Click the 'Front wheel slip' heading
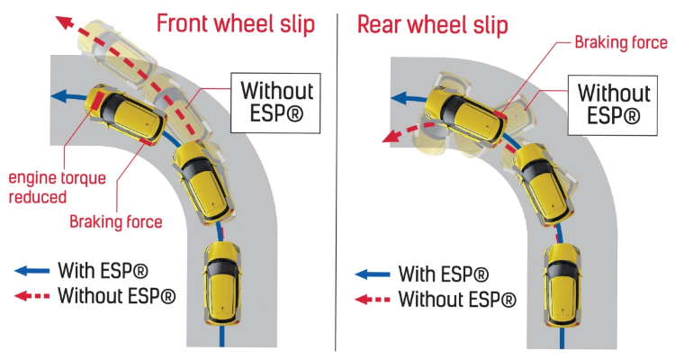coord(236,24)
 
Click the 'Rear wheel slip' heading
coord(432,24)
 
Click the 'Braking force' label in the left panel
coord(116,221)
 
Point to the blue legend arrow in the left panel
coord(31,269)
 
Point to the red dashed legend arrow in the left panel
coord(31,294)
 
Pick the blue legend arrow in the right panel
coord(373,274)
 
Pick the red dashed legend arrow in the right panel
coord(373,299)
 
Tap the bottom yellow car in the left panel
coord(221,281)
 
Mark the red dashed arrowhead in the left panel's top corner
coord(64,22)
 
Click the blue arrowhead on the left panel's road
coord(59,94)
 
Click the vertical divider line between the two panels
coord(337,180)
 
